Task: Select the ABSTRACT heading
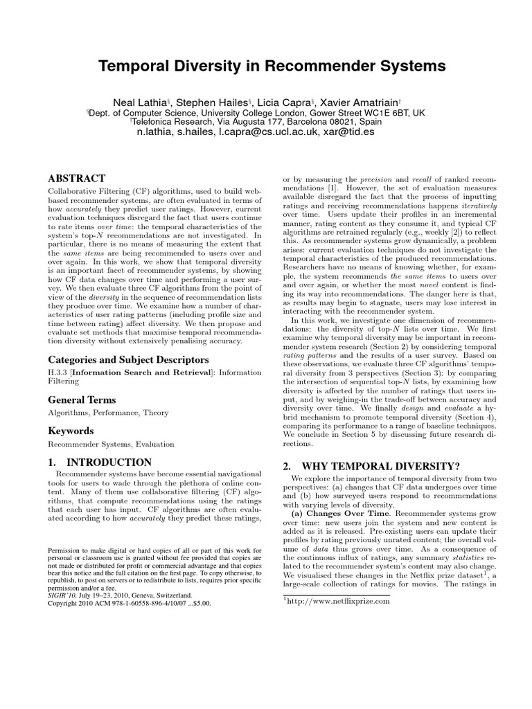(76, 179)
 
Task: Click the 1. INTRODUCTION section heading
(99, 462)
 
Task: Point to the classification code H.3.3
(58, 375)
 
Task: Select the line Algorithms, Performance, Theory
(108, 413)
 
